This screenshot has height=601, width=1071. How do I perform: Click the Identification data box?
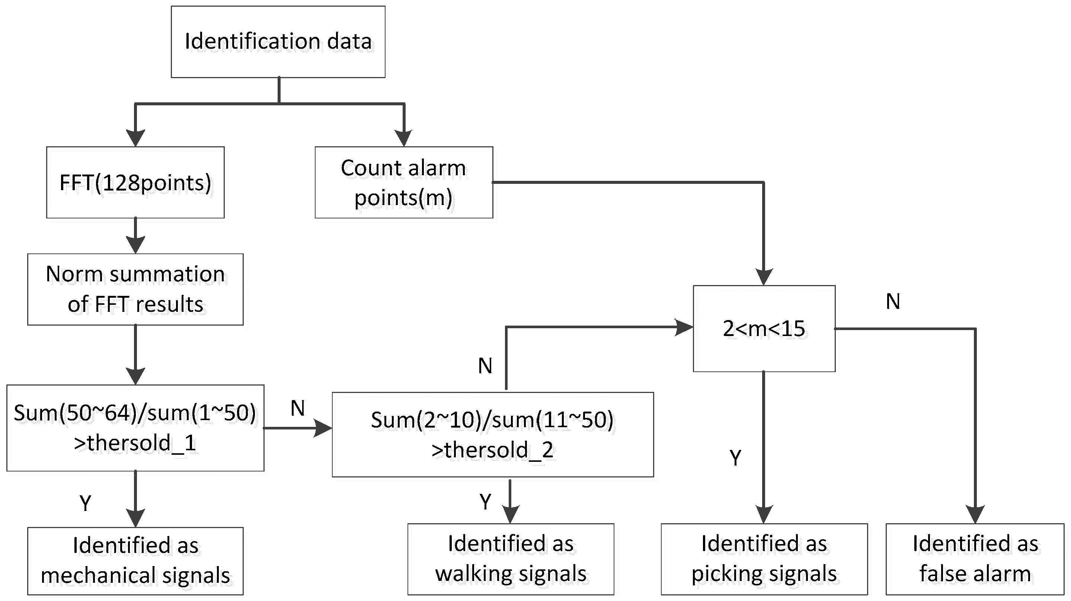pyautogui.click(x=278, y=42)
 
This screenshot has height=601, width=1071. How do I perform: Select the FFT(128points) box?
pyautogui.click(x=135, y=182)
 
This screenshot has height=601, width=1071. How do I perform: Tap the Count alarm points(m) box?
pyautogui.click(x=403, y=182)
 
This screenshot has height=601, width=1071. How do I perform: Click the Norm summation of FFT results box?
pyautogui.click(x=135, y=289)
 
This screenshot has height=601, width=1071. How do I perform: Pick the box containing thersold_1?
pyautogui.click(x=135, y=428)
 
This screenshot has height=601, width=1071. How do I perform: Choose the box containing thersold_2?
pyautogui.click(x=492, y=434)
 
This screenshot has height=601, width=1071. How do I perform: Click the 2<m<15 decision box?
pyautogui.click(x=764, y=328)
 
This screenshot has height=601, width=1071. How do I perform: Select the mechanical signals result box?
pyautogui.click(x=135, y=561)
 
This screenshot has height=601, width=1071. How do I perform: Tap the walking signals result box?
pyautogui.click(x=511, y=559)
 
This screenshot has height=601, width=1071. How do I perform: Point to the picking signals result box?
pyautogui.click(x=764, y=559)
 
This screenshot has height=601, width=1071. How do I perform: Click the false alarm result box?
pyautogui.click(x=975, y=559)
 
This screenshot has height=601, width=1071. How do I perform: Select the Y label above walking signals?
pyautogui.click(x=485, y=502)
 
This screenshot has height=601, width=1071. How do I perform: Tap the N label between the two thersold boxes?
pyautogui.click(x=298, y=409)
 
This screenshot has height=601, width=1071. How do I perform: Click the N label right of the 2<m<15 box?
pyautogui.click(x=893, y=302)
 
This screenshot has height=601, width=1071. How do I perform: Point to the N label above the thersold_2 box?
pyautogui.click(x=485, y=366)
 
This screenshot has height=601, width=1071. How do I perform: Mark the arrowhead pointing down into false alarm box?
pyautogui.click(x=975, y=515)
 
